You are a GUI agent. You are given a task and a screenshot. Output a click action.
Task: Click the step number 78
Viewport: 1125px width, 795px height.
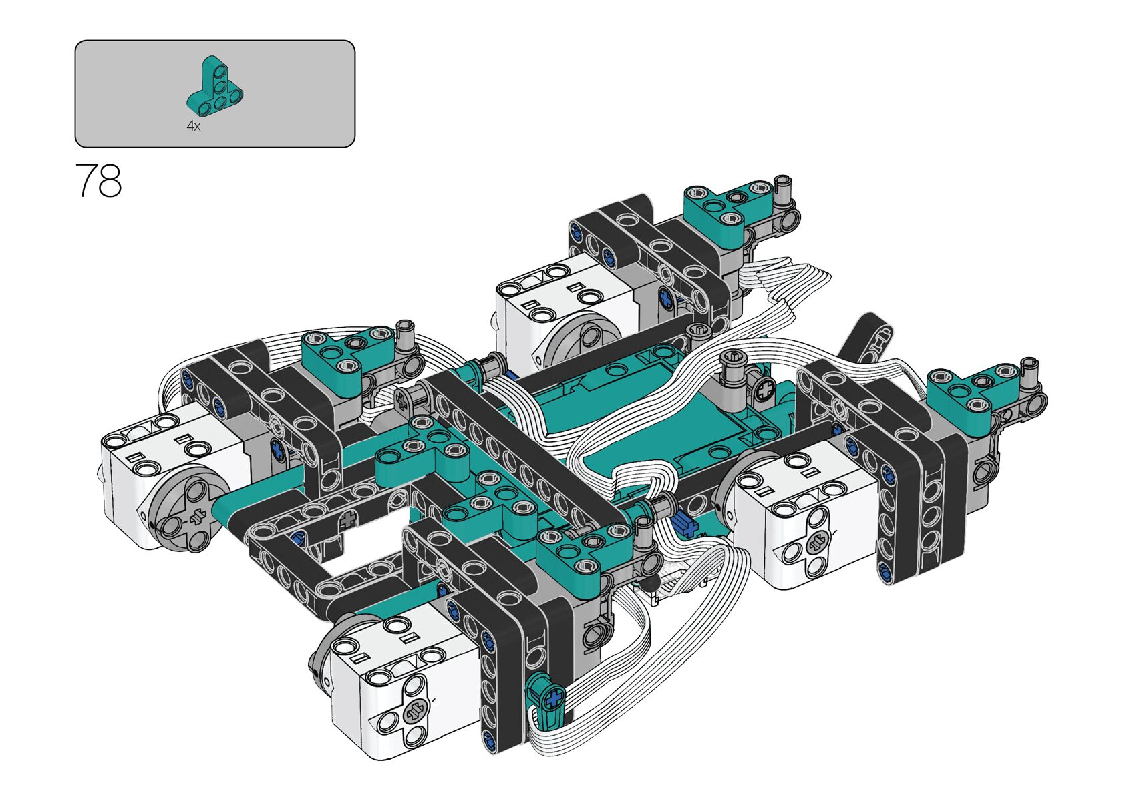pyautogui.click(x=98, y=180)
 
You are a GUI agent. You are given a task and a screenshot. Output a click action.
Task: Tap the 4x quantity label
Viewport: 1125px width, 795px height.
pyautogui.click(x=193, y=126)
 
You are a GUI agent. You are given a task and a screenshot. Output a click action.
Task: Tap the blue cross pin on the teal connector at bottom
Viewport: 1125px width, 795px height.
pyautogui.click(x=554, y=698)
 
